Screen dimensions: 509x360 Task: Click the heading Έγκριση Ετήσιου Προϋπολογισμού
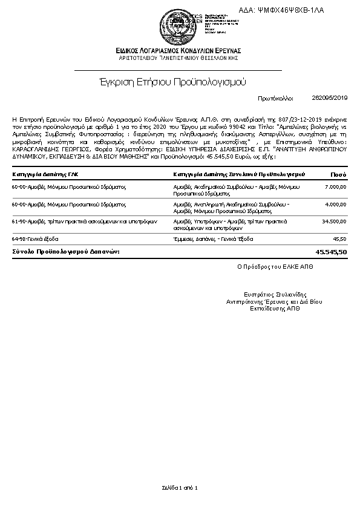coord(172,81)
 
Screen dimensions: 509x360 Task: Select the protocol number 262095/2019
coord(330,97)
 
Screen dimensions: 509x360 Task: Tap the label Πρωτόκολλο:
coord(275,97)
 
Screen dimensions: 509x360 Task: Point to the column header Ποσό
coord(338,174)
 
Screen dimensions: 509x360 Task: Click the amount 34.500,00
coord(334,222)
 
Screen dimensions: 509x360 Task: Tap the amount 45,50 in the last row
coord(340,239)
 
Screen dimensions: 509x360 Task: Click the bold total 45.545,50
coord(332,251)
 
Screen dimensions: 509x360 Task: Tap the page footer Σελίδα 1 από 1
coord(180,487)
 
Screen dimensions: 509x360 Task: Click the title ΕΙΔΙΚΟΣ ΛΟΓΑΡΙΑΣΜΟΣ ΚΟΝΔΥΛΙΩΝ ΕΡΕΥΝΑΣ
coord(180,50)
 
